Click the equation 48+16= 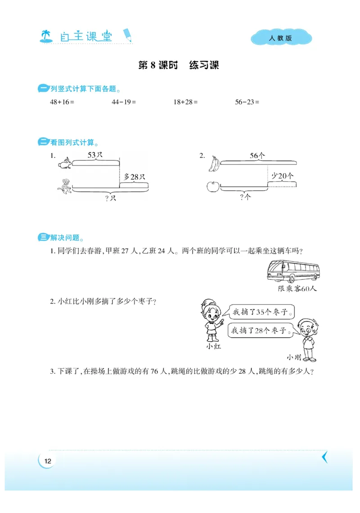[x=62, y=102]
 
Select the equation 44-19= [x=124, y=102]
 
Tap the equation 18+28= [x=185, y=102]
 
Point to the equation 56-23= [x=247, y=102]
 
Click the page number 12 [x=48, y=461]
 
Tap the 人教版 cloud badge [x=281, y=38]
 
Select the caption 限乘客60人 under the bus [x=297, y=289]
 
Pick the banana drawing [x=213, y=164]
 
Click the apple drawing [x=212, y=186]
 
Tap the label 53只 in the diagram [x=95, y=155]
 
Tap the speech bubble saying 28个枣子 [x=260, y=331]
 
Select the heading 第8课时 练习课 [x=179, y=66]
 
